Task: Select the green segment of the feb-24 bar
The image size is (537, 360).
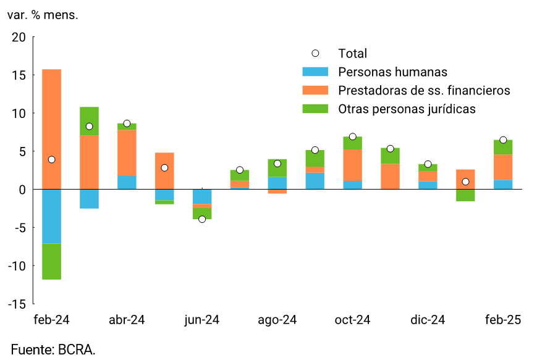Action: click(51, 261)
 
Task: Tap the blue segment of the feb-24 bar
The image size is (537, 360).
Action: click(51, 216)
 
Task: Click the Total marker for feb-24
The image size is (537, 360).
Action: click(51, 159)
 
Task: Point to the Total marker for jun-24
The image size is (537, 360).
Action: click(202, 219)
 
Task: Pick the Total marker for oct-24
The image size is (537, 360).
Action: click(352, 136)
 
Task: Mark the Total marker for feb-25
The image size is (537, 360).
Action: click(503, 140)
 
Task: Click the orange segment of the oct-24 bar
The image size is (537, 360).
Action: click(352, 165)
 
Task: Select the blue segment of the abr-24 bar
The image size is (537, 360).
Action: click(127, 183)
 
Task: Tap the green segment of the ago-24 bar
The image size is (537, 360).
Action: click(277, 168)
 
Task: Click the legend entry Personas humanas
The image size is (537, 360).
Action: click(392, 72)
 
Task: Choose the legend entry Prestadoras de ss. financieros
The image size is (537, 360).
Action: click(424, 91)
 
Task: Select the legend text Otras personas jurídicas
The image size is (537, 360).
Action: click(407, 109)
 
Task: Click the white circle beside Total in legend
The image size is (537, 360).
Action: click(316, 54)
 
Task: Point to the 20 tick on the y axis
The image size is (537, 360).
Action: click(19, 37)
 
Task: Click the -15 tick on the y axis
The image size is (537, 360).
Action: click(17, 304)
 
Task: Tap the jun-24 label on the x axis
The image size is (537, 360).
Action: click(202, 320)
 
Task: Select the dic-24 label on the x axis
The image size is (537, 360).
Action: click(428, 320)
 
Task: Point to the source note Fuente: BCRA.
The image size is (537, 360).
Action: click(53, 350)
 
